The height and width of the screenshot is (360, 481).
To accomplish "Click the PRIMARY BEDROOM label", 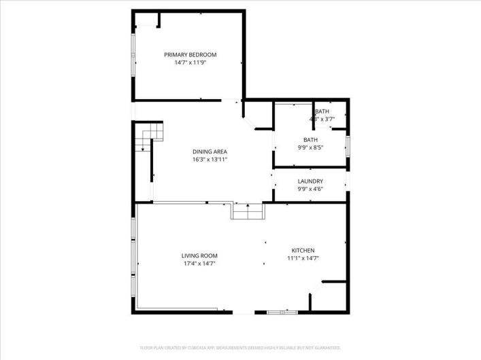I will click(x=190, y=54).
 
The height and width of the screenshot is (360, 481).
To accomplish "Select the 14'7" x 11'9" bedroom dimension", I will click(x=190, y=62).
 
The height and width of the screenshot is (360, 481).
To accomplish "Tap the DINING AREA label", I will click(x=210, y=151).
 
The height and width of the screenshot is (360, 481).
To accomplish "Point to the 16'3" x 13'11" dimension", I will click(x=210, y=160).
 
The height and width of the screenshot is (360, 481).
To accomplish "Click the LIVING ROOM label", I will click(x=199, y=256).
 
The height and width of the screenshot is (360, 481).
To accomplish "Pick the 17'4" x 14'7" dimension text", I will click(x=199, y=264).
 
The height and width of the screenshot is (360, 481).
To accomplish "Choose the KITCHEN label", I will click(x=303, y=250).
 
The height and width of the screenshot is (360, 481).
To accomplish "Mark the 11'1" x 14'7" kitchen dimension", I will click(x=303, y=258).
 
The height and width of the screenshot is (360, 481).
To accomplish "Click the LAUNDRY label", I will click(x=310, y=181).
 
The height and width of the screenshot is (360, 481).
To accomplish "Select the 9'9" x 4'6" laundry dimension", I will click(x=310, y=189).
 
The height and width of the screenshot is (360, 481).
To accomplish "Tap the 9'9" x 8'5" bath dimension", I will click(x=310, y=147).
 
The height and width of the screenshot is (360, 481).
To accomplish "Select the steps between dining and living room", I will click(x=248, y=212).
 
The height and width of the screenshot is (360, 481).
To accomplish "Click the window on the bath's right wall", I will click(x=348, y=145).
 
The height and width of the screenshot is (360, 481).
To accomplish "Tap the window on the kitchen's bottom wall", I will click(x=277, y=312).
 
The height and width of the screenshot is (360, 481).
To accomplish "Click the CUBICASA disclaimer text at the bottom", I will click(x=240, y=348).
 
